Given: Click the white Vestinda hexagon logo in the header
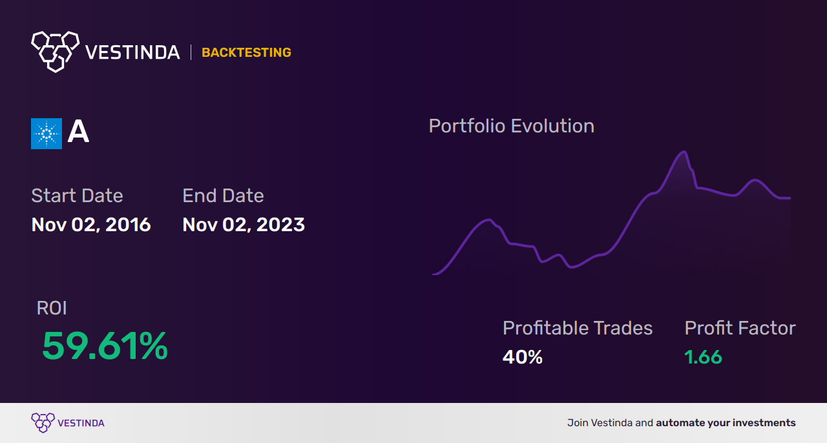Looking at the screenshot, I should (x=55, y=50).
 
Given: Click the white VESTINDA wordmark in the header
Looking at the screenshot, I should (x=132, y=52).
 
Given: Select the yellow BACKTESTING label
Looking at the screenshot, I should (x=246, y=53).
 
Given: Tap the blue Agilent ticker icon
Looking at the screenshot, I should (x=47, y=134).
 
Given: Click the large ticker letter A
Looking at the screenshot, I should (x=78, y=132).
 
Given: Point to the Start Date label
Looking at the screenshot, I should (x=77, y=196).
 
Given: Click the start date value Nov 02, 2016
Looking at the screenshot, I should (x=91, y=225).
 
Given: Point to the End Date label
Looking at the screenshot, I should (x=223, y=196).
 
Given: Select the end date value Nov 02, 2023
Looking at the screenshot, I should (x=244, y=225).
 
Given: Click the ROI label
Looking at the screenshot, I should (x=52, y=309).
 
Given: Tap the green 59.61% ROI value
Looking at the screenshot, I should (x=105, y=346).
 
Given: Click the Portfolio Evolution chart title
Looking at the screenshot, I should (x=511, y=126).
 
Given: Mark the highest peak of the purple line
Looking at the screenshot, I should (x=682, y=152).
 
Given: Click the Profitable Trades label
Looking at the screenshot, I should (x=578, y=328).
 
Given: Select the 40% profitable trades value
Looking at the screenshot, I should (x=522, y=357).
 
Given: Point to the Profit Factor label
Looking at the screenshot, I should (x=740, y=328).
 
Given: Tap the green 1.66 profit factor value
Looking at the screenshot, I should (x=703, y=357).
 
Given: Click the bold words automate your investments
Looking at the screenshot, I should (x=726, y=423).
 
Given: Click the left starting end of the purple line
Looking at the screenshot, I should (x=434, y=274).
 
